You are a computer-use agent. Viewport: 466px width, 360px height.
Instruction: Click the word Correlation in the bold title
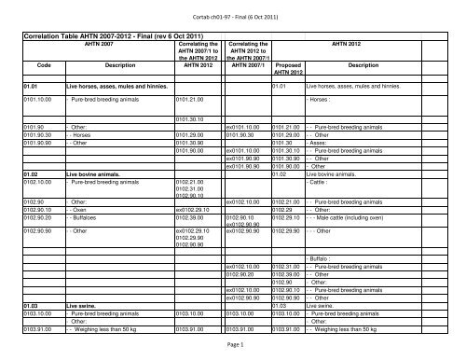(44, 35)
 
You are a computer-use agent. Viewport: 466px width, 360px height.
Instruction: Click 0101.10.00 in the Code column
(43, 96)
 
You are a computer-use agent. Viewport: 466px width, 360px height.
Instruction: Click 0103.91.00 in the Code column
(43, 303)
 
